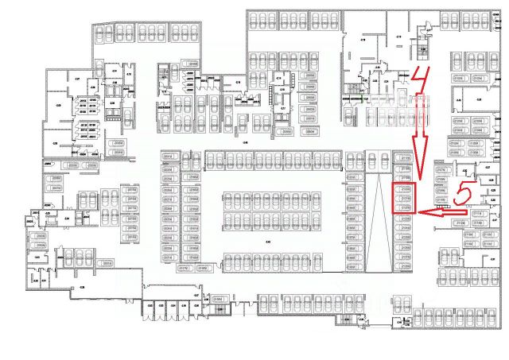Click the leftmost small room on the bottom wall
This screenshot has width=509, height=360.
click(x=149, y=308)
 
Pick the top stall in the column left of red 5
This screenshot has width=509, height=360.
click(x=440, y=181)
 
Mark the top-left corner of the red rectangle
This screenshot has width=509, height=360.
click(x=394, y=184)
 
